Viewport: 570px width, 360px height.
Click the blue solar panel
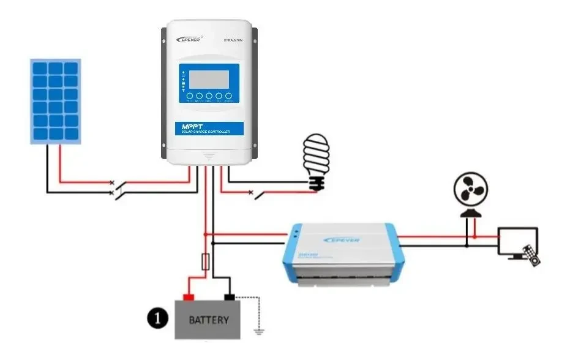coord(56,100)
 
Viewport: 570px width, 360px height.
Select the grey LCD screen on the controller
coord(209,79)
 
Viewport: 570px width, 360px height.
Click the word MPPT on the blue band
coord(186,126)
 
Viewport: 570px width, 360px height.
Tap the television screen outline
coord(517,241)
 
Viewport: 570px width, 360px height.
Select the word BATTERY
coord(209,320)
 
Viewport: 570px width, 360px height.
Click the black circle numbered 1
coord(157,318)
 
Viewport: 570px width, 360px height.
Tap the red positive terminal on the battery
coord(189,298)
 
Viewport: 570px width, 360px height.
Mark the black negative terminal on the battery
coord(230,298)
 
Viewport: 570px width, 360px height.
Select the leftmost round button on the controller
coord(190,96)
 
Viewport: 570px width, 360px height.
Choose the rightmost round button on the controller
coord(228,96)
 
